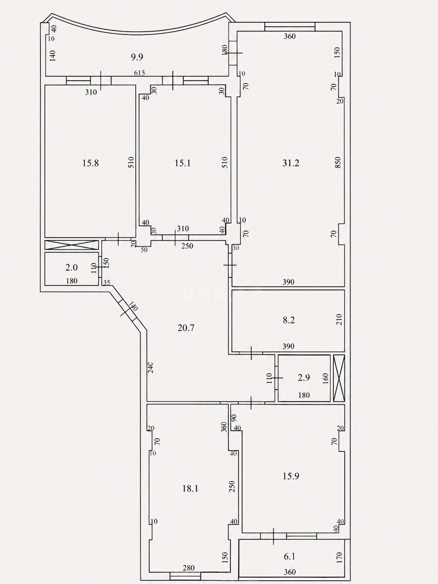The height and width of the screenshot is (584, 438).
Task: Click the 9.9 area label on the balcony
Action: pos(137,57)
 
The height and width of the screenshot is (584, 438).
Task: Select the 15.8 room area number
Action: pos(91,163)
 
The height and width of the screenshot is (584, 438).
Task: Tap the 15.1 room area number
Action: pos(182,163)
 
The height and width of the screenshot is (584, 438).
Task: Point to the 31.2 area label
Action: pos(291,163)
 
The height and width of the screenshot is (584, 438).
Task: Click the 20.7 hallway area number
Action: pos(186,328)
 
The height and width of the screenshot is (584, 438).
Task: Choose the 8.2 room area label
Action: pos(289,320)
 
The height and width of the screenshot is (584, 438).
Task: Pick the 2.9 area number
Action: pos(304,378)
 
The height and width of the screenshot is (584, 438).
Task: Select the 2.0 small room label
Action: pos(72,267)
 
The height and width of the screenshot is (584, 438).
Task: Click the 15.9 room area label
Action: pos(291,476)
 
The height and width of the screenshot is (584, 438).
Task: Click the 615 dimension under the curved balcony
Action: pos(139,73)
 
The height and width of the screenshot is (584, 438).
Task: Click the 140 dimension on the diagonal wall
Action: pos(133,306)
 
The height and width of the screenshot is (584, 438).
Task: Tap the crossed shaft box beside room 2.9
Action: pos(339,378)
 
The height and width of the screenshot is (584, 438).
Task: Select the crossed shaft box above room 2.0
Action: pos(72,245)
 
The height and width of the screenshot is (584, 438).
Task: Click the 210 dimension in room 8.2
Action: pos(339,320)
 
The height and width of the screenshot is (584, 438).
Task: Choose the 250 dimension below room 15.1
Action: pos(187,246)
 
